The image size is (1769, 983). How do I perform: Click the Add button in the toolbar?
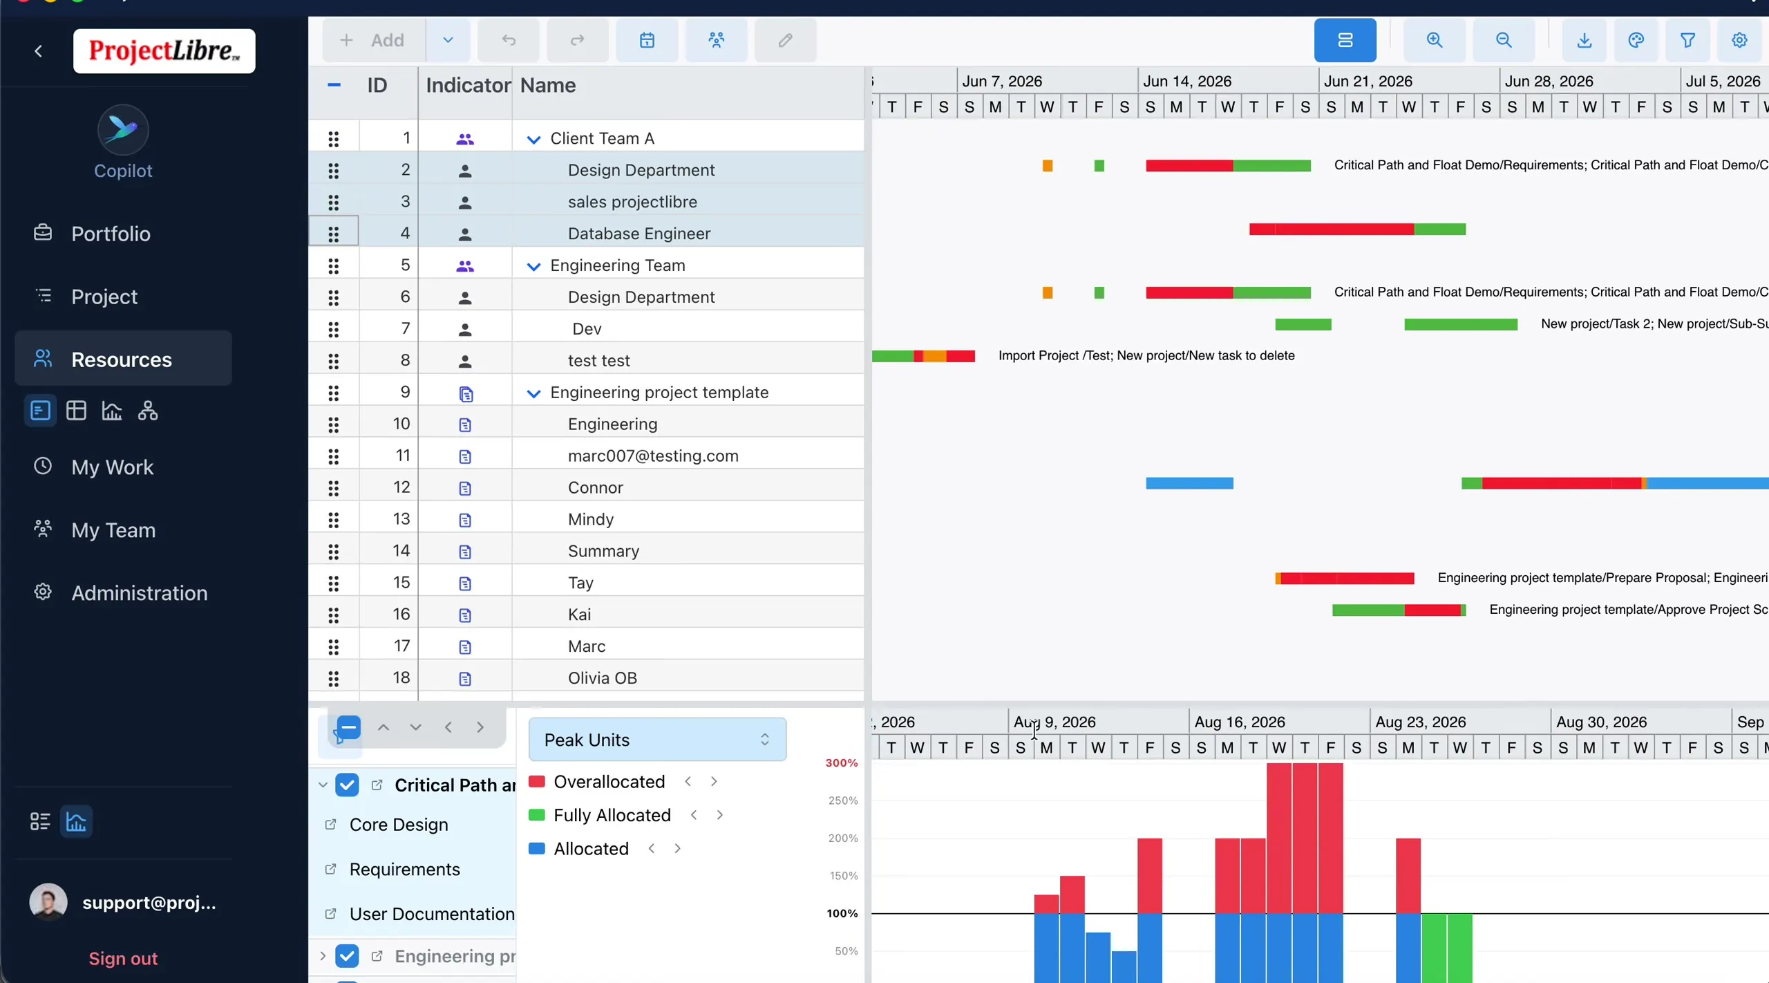pos(373,40)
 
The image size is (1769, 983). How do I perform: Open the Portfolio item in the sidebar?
pos(111,234)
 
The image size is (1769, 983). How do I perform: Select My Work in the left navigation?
pos(112,467)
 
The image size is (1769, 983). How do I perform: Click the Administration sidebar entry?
pos(139,593)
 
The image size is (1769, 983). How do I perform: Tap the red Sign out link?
pos(123,958)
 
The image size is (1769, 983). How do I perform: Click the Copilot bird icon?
pos(123,129)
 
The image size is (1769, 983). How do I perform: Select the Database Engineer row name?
pos(639,234)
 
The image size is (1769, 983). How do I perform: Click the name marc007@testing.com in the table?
pos(653,456)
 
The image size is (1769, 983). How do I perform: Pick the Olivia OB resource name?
pos(603,678)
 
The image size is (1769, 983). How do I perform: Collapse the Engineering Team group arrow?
pos(533,266)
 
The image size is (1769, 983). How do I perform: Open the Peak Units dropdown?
pos(657,740)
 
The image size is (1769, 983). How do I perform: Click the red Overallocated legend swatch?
pos(536,782)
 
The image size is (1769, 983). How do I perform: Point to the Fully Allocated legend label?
pos(612,815)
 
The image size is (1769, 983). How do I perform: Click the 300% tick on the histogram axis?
pos(842,763)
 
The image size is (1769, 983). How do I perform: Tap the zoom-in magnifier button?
pos(1435,40)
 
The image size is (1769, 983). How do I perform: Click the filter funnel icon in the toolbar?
pos(1687,40)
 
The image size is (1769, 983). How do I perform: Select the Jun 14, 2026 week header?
pos(1187,81)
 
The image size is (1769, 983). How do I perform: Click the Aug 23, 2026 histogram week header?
pos(1421,722)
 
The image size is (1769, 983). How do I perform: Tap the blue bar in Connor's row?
pos(1189,483)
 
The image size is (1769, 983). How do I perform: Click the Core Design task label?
pos(399,825)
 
